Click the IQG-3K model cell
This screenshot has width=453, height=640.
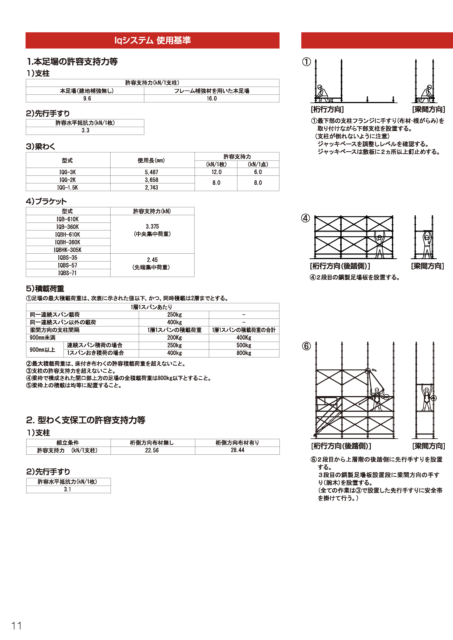(x=68, y=172)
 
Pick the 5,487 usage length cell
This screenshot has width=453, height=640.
(x=152, y=172)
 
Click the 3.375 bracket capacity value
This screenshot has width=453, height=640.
(x=152, y=227)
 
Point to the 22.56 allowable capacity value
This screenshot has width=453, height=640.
(x=152, y=450)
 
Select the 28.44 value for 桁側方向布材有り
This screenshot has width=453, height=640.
(x=237, y=450)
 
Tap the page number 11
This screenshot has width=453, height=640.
(x=16, y=626)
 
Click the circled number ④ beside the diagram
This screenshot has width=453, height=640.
(x=306, y=218)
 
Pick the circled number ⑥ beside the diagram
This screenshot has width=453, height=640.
(x=306, y=346)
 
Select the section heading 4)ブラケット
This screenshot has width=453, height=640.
(x=46, y=201)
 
